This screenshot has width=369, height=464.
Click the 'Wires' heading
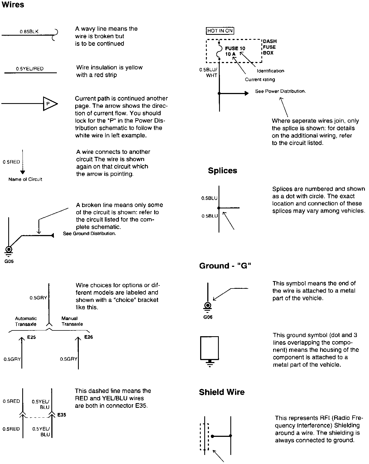(13, 5)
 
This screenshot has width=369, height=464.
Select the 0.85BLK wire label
(29, 32)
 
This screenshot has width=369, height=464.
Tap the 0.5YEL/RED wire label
(30, 69)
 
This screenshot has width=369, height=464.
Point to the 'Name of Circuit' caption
(25, 179)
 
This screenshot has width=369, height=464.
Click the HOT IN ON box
(220, 31)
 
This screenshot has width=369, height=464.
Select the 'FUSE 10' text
(235, 49)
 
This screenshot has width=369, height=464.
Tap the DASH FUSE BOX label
(270, 47)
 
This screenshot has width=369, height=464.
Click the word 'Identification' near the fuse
(270, 71)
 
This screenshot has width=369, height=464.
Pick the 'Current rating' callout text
(260, 80)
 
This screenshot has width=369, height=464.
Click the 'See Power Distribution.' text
(280, 91)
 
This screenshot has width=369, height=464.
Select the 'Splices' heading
(222, 171)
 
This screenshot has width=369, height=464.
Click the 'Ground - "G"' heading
(225, 266)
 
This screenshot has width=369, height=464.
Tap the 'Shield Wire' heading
(222, 392)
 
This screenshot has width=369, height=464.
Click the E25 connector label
(32, 337)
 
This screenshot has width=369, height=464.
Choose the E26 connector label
(88, 337)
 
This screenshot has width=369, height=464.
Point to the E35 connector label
(62, 415)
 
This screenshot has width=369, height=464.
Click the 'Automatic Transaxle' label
(26, 321)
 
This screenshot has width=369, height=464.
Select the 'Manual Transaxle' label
(72, 321)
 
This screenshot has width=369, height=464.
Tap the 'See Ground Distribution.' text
(89, 234)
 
